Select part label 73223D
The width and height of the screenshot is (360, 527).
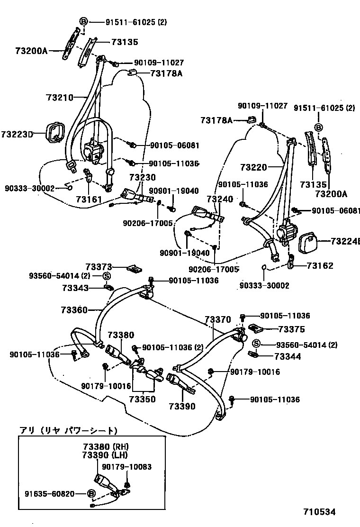[x=17, y=135]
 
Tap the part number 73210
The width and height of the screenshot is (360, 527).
[x=60, y=98]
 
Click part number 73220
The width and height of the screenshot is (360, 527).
[x=254, y=167]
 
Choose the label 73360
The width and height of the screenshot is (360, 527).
[x=74, y=310]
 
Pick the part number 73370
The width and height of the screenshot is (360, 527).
[x=218, y=320]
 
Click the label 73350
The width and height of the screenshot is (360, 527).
[x=143, y=400]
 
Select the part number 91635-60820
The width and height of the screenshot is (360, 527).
[x=50, y=494]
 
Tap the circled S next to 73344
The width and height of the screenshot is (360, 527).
[x=256, y=345]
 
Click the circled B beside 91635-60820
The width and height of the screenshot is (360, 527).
[x=91, y=494]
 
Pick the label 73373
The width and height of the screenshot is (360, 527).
[x=99, y=268]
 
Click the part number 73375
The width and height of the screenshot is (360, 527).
[x=291, y=329]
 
